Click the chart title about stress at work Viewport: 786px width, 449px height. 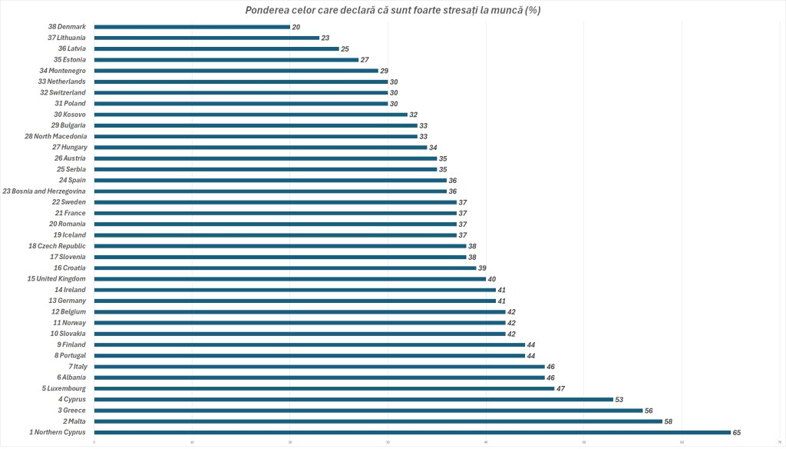393,10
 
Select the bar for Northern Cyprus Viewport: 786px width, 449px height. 412,432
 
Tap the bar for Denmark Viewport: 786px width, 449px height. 192,27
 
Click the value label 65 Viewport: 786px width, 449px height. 737,433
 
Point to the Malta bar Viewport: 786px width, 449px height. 378,421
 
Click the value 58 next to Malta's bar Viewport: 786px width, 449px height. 669,421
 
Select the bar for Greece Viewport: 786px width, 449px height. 368,411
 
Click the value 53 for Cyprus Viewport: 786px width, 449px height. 619,400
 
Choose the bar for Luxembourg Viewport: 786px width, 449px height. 324,388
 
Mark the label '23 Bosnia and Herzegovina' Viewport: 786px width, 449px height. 45,191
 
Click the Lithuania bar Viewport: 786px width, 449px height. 206,38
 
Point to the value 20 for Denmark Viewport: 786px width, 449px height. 296,27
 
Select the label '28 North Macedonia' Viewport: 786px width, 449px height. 55,136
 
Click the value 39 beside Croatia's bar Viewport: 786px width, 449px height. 482,268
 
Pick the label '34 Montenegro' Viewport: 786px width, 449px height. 63,71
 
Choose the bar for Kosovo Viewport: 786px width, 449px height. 250,115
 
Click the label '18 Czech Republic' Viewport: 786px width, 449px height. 58,246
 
